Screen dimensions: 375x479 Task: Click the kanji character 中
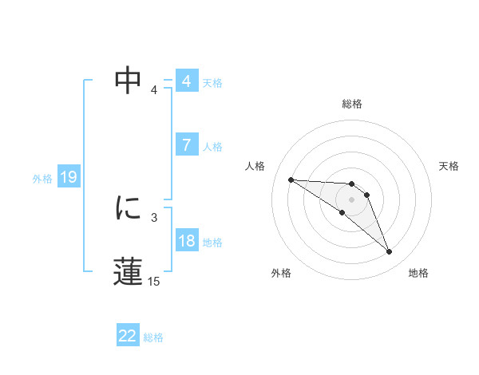point(128,81)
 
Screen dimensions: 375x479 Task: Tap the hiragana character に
point(128,208)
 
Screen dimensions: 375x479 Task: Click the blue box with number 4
point(186,81)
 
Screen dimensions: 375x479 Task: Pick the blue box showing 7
point(186,145)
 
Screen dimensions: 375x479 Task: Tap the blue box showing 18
point(186,241)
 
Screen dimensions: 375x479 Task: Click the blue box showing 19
point(68,177)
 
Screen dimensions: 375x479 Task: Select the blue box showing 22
point(128,336)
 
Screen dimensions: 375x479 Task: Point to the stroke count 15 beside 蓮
point(153,281)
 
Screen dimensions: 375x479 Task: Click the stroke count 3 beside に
point(153,217)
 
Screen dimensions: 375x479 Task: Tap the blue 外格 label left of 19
point(42,179)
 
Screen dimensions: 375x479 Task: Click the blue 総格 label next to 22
point(153,337)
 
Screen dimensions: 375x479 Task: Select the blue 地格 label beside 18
point(212,243)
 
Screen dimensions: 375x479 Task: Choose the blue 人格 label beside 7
point(212,147)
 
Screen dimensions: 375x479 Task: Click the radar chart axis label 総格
point(352,104)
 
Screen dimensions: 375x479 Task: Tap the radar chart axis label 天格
point(449,166)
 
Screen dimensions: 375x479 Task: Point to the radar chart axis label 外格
point(281,273)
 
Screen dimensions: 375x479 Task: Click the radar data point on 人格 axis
point(291,180)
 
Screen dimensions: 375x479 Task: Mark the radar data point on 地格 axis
point(390,252)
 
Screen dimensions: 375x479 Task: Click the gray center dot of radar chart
point(352,199)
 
